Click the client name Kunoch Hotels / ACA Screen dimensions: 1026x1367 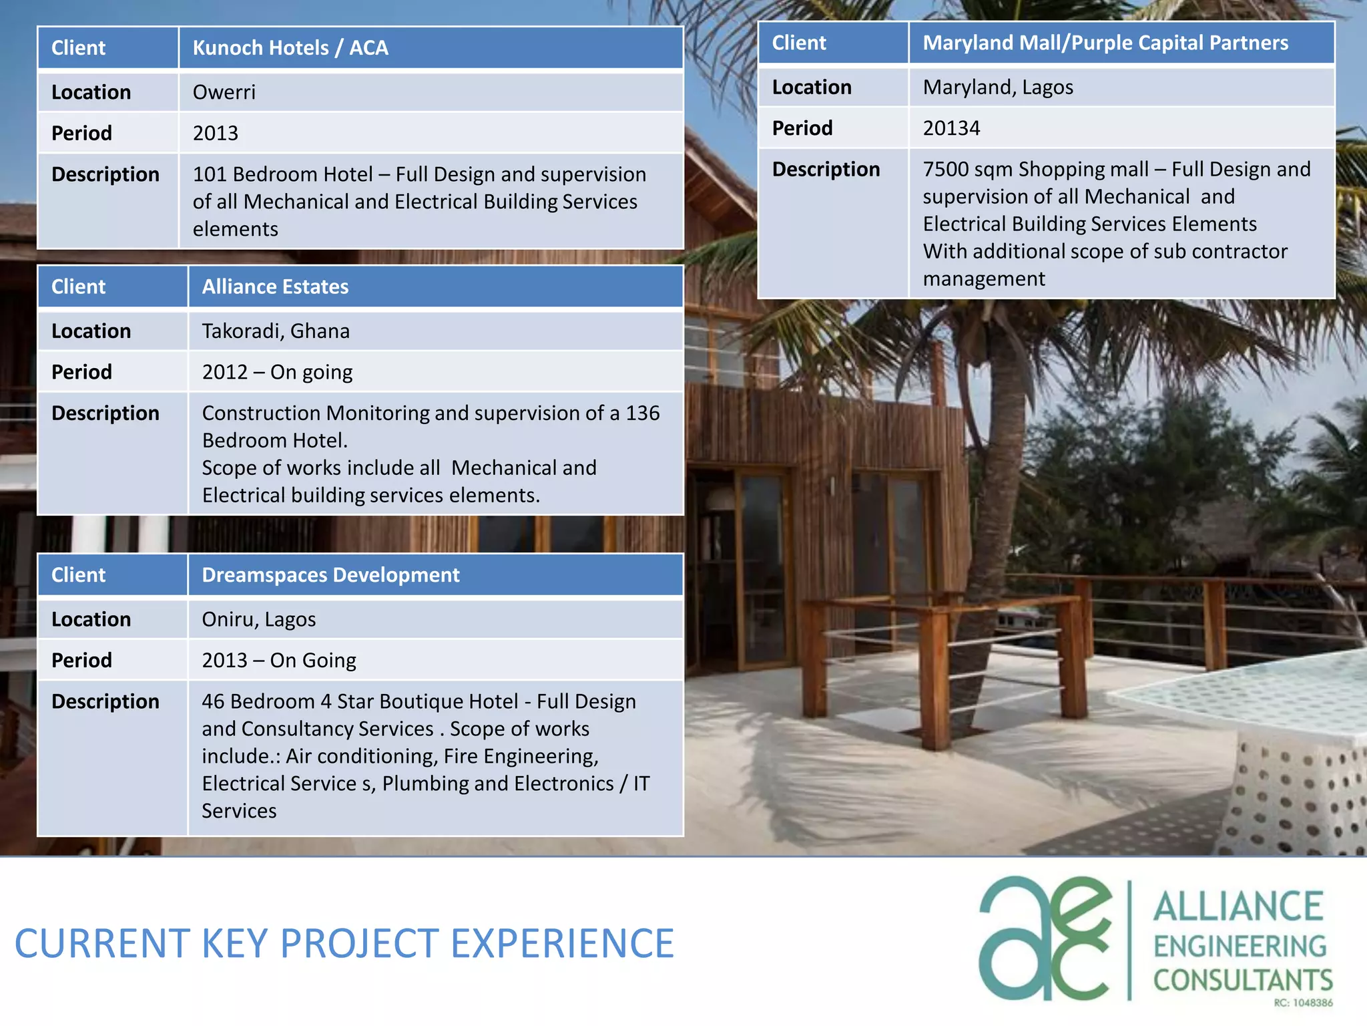coord(290,48)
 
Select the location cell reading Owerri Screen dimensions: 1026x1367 coord(224,92)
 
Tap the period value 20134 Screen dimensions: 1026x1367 coord(951,128)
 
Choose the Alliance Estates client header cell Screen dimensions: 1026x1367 coord(275,287)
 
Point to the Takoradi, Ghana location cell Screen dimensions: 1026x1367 coord(276,331)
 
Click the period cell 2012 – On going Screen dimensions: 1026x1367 coord(277,372)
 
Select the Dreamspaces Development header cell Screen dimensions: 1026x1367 coord(330,575)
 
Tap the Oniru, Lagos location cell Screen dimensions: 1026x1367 coord(259,619)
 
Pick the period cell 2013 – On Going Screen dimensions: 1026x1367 coord(279,661)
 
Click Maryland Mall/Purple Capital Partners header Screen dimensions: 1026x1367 coord(1105,43)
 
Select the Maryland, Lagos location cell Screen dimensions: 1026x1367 coord(998,88)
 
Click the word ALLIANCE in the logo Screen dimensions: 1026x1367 coord(1238,906)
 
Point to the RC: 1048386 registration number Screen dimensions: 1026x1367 coord(1303,1003)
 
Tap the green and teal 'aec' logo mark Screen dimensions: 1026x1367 coord(1045,938)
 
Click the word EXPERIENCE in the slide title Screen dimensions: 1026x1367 coord(562,943)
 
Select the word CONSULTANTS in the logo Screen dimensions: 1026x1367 coord(1243,981)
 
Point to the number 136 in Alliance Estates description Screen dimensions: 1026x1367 coord(642,413)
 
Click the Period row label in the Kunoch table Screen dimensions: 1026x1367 coord(81,134)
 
